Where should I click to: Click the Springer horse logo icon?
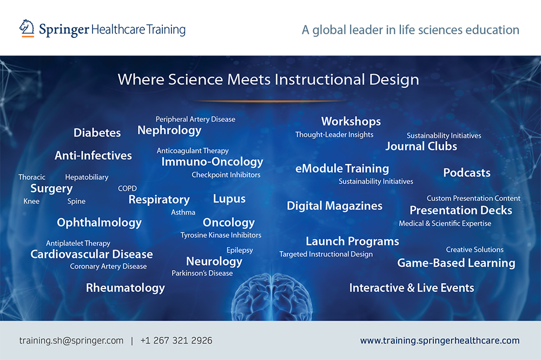(27, 28)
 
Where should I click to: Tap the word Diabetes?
(97, 133)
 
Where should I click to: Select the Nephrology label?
(169, 130)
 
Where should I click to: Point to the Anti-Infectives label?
(93, 156)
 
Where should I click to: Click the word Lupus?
(229, 199)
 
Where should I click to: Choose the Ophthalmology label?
(100, 223)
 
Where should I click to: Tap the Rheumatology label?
(126, 288)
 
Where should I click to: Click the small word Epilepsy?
(240, 250)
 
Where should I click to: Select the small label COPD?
(127, 188)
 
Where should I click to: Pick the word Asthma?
(183, 212)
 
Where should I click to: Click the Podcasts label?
(467, 173)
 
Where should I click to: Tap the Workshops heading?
(351, 121)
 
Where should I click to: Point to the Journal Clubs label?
(421, 146)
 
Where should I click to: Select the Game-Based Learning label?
(456, 263)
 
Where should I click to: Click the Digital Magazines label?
(335, 206)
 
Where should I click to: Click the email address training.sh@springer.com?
(71, 341)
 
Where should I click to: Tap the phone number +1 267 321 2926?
(176, 341)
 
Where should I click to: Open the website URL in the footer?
(440, 341)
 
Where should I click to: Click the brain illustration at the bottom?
(272, 297)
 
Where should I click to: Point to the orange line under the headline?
(270, 101)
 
